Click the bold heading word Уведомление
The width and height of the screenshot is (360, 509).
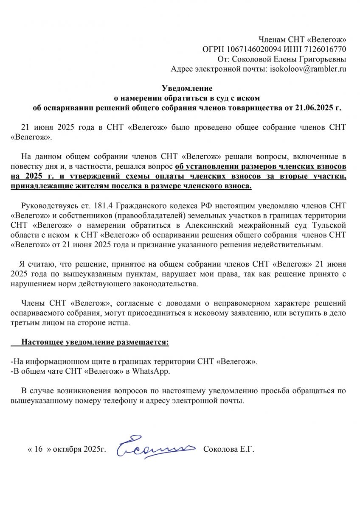point(187,89)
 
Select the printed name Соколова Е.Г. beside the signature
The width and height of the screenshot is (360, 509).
point(229,450)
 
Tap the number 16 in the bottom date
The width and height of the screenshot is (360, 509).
point(38,450)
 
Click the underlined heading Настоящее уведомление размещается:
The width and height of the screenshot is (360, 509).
point(95,342)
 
